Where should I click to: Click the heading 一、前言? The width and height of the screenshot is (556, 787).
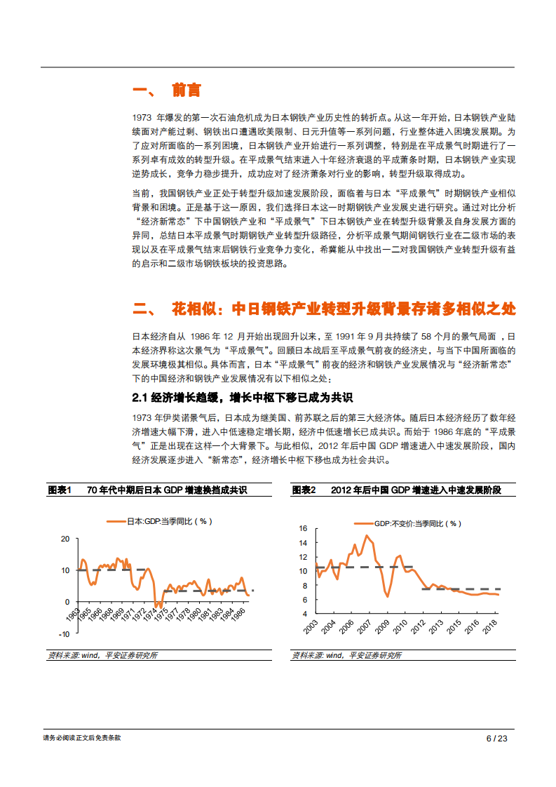point(166,90)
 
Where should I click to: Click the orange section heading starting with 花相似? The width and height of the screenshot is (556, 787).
point(323,309)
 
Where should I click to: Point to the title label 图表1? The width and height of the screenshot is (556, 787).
point(60,490)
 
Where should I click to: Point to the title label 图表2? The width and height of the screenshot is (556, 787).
point(305,490)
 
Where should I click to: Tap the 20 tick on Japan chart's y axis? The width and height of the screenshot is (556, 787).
point(65,539)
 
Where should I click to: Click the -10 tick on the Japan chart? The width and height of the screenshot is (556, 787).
point(64,634)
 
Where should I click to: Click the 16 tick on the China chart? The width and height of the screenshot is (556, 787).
point(304,528)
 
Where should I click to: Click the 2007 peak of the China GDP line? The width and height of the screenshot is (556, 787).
point(367,536)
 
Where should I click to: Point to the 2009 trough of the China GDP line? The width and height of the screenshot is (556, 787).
point(387,596)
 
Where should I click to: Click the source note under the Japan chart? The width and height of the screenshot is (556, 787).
point(102,655)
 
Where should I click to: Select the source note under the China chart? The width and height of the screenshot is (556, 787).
point(347,655)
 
